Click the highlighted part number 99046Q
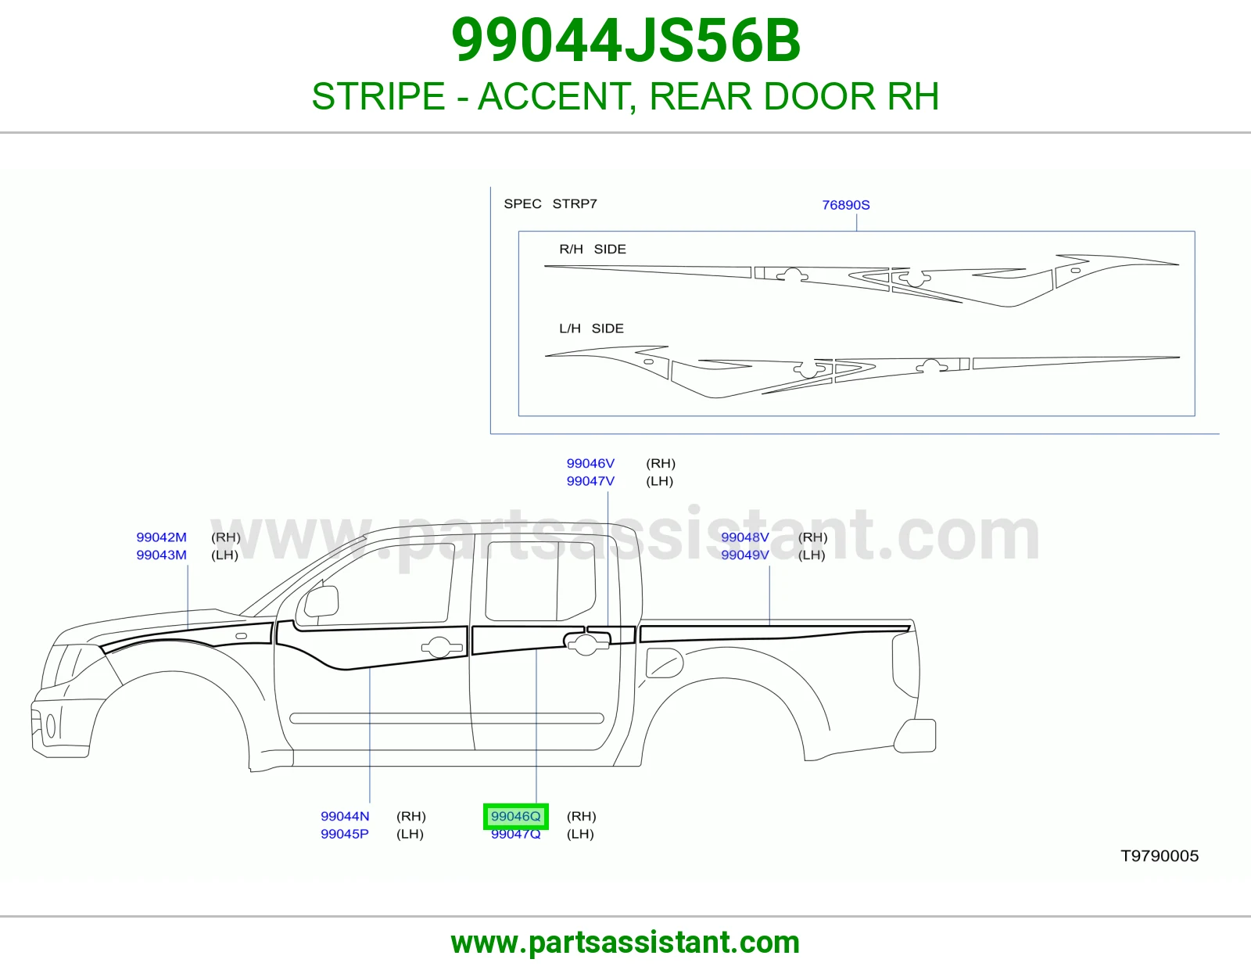click(515, 816)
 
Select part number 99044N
click(345, 816)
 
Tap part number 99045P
click(344, 834)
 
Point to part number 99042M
click(161, 537)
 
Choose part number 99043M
click(161, 555)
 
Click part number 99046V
click(590, 464)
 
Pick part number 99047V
click(590, 482)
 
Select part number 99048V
click(745, 537)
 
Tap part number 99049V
click(745, 555)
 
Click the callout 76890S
click(846, 205)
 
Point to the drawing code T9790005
click(1160, 856)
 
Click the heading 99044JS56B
click(625, 41)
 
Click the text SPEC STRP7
click(550, 204)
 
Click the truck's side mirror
click(321, 602)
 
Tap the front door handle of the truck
click(443, 648)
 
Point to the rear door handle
click(586, 644)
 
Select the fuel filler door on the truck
click(664, 663)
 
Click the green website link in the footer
click(625, 943)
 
